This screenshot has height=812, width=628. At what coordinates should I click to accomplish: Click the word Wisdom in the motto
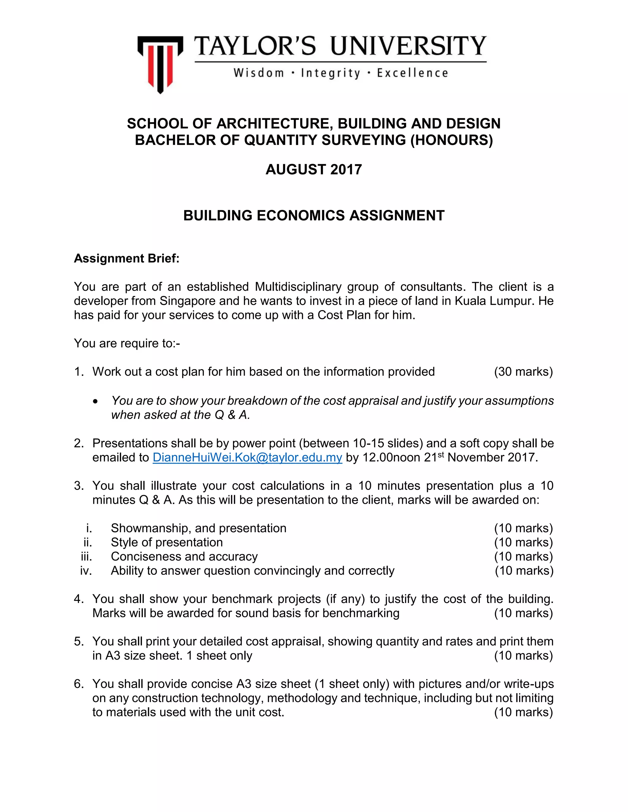(x=258, y=73)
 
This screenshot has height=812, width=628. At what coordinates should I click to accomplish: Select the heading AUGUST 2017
(x=314, y=169)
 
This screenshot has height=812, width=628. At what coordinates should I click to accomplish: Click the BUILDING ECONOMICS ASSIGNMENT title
(x=314, y=216)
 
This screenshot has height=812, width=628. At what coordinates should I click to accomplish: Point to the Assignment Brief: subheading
(x=127, y=258)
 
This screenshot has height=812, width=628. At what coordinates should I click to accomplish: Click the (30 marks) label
(x=523, y=371)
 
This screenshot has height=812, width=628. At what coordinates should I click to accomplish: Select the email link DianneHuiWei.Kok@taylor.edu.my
(x=247, y=457)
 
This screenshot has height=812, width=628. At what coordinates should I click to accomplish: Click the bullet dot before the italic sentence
(x=96, y=401)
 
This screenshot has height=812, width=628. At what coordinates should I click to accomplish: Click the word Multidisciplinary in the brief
(x=298, y=287)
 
